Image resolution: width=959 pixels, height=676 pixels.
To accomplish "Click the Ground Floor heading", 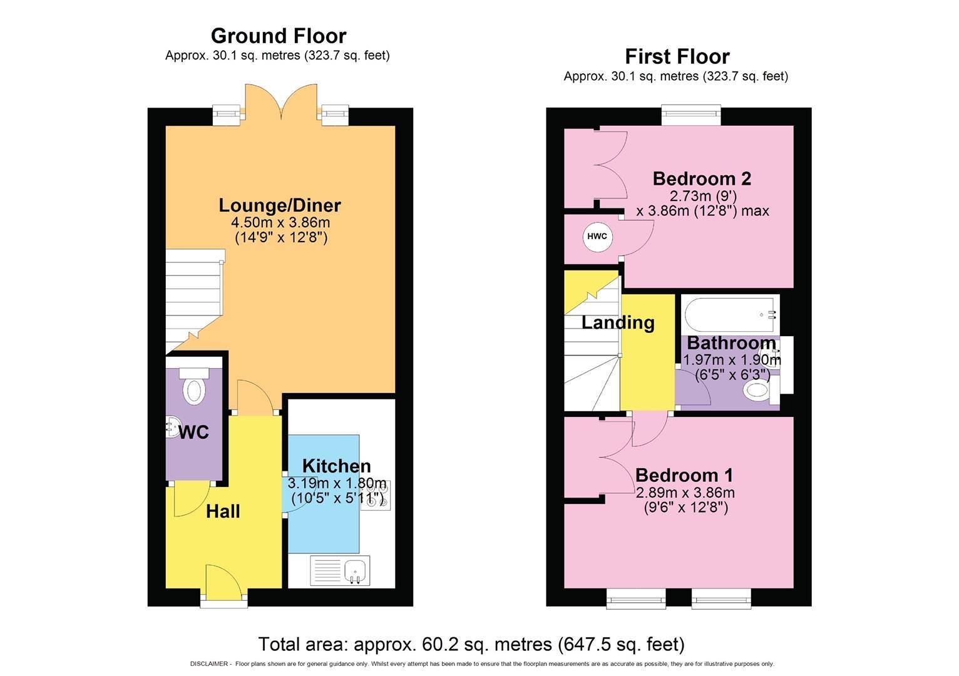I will click(278, 36).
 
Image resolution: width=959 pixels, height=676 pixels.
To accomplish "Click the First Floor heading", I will click(677, 56).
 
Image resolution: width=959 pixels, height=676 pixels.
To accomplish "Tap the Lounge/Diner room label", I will click(280, 205).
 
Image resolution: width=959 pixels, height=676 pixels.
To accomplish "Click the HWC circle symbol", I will click(597, 237).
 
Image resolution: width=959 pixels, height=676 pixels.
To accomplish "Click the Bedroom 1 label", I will click(684, 475).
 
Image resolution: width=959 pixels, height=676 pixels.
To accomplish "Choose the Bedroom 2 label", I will click(702, 178).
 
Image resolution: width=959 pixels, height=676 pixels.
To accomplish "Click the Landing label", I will click(618, 323).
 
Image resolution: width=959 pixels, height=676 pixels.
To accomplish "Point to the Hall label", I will click(223, 511).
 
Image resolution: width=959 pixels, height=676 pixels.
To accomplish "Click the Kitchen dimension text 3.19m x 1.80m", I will click(337, 483).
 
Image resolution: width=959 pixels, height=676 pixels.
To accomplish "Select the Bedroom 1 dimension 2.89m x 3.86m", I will click(685, 492).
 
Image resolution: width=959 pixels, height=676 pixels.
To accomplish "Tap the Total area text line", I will click(471, 643).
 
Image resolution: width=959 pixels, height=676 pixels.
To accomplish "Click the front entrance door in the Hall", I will click(223, 585).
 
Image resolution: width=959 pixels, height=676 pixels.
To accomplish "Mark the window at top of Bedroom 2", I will click(691, 114).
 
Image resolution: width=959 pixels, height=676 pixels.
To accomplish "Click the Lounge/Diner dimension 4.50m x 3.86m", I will click(280, 222).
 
